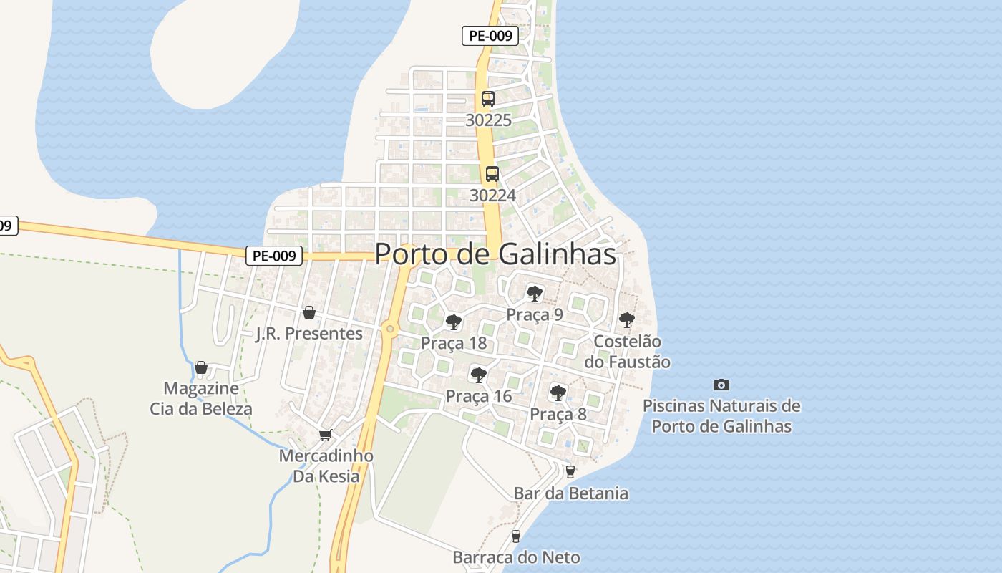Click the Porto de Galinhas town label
pos(495,254)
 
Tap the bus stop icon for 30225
pos(488,99)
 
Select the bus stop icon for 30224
pos(492,173)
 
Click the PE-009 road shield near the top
pos(490,36)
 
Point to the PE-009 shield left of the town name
pos(274,256)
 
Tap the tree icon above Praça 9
pos(534,293)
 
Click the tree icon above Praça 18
pos(453,322)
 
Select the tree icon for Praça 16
pos(478,375)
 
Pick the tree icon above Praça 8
pos(558,393)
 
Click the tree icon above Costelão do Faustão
pos(627,320)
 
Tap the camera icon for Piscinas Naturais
pos(721,385)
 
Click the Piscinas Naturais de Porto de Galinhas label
pos(721,416)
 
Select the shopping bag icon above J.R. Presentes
pos(309,312)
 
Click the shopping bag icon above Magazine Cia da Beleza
pos(201,367)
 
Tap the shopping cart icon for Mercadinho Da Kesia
pos(326,435)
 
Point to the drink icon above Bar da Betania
pos(570,471)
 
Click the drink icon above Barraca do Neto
pos(515,536)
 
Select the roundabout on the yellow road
pos(389,329)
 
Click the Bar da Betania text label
pos(571,493)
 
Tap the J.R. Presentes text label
pos(309,334)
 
